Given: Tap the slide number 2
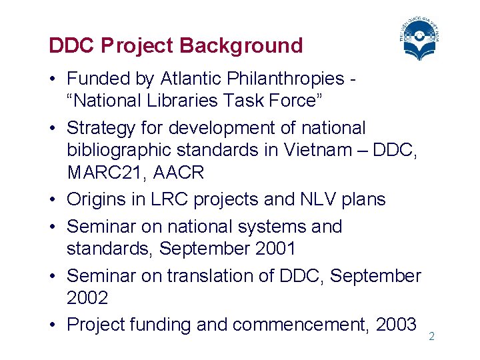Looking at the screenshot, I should (x=431, y=337).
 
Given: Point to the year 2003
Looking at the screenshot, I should (x=396, y=325).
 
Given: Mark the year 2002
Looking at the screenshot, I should (x=87, y=298).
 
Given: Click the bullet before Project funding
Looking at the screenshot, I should (x=53, y=325).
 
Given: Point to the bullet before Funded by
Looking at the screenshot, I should (x=53, y=79).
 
